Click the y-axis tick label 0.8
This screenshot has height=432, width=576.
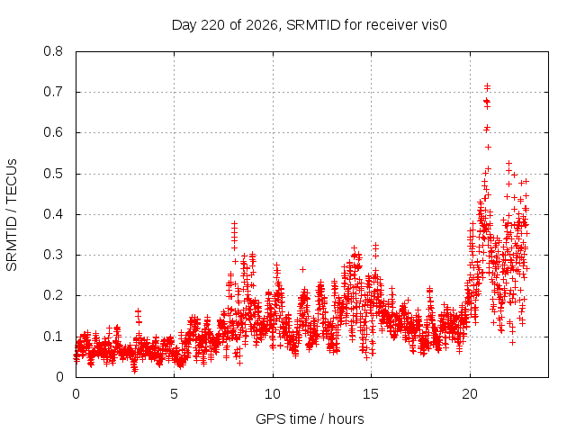click(53, 51)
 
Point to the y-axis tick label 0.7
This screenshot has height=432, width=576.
click(53, 92)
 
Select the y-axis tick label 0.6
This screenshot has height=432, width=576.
click(53, 132)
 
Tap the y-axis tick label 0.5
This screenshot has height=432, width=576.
click(53, 174)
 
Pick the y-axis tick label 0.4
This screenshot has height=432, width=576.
click(53, 214)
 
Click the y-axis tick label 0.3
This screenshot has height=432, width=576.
click(53, 255)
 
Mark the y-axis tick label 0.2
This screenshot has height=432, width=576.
click(53, 295)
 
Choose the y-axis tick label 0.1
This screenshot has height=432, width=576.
click(53, 336)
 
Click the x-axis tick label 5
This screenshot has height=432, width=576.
click(174, 394)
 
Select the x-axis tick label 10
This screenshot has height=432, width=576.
click(273, 394)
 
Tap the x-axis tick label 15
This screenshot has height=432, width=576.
click(371, 394)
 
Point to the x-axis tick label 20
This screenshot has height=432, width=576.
click(470, 394)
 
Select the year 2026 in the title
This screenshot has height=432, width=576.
click(262, 25)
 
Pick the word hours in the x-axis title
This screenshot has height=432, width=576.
click(346, 418)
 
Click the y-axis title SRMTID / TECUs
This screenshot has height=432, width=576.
click(12, 215)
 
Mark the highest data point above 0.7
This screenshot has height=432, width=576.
click(488, 85)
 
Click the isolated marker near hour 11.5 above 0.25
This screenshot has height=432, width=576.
click(302, 269)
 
